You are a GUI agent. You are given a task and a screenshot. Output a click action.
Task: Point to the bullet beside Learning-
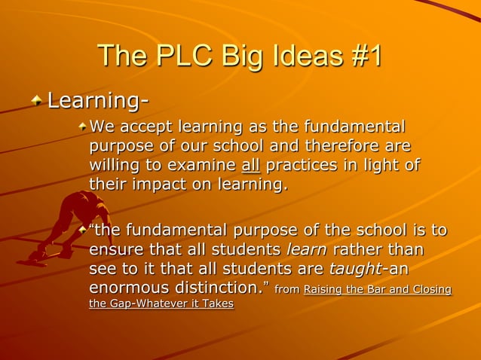click(38, 99)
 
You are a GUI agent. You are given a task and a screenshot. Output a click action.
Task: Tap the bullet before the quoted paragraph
click(83, 226)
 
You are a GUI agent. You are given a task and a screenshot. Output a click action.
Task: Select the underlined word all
click(251, 164)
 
